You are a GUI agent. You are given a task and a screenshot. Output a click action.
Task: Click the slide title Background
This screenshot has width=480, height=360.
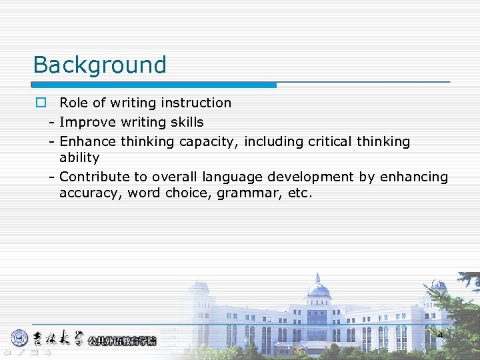coord(100,65)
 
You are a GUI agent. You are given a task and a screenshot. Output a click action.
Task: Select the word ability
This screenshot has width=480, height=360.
coord(79,158)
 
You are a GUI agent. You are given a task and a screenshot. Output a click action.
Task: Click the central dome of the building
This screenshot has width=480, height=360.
coord(318,289)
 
